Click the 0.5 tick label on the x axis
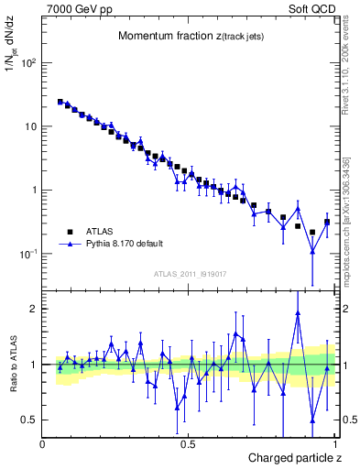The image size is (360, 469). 189,443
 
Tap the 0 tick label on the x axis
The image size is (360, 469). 43,443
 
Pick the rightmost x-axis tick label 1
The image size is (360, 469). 334,443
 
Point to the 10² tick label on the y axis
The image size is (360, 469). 28,63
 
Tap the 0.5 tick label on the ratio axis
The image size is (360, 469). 29,420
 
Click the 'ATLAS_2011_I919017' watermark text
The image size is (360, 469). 189,273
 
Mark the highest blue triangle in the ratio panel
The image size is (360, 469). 298,313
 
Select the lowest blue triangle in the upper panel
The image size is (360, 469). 312,251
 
